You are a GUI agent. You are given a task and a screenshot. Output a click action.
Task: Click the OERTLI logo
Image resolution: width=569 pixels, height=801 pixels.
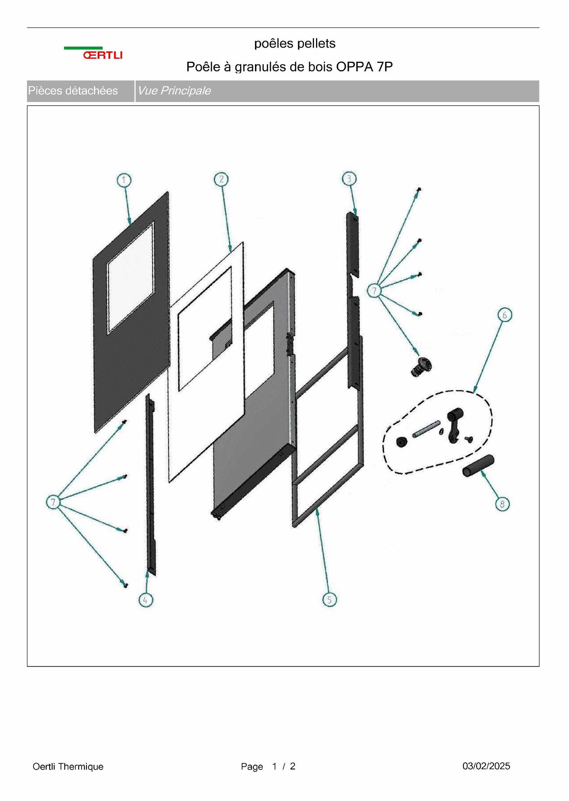(93, 53)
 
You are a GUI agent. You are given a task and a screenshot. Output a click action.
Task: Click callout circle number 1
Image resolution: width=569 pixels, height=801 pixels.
(124, 180)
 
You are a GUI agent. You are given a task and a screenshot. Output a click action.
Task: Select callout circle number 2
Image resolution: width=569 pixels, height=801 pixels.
(221, 179)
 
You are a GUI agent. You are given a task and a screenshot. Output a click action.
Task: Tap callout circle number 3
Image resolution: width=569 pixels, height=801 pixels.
(349, 179)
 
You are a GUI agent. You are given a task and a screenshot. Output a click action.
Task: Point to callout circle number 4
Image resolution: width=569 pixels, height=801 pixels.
(146, 600)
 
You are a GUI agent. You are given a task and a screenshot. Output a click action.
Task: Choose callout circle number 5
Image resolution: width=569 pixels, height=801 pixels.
(329, 600)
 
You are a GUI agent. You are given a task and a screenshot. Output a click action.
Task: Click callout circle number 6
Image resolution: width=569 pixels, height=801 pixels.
(504, 315)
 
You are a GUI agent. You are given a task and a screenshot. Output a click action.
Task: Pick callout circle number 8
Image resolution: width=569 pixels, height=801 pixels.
(502, 504)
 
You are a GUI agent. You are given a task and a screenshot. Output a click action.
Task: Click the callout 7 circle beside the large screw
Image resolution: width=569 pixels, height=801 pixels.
(374, 290)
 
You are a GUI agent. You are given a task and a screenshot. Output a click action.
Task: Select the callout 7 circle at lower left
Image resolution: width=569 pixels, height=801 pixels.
(53, 503)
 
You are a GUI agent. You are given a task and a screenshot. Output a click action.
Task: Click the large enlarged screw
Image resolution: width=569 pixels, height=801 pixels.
(421, 366)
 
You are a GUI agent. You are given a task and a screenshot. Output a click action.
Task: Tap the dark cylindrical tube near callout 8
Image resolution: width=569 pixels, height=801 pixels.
(478, 466)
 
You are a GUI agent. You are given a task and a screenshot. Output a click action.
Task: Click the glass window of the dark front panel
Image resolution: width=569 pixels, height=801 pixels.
(130, 278)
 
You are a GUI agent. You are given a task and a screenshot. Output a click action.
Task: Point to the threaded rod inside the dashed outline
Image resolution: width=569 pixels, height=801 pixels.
(426, 429)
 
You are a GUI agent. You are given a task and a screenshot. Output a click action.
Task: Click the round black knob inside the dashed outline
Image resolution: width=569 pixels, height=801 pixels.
(402, 442)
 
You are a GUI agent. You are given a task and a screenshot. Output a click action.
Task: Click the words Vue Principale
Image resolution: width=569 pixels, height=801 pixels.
(174, 91)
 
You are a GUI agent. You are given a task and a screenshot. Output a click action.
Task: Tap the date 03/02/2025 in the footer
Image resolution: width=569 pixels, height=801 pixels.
(486, 766)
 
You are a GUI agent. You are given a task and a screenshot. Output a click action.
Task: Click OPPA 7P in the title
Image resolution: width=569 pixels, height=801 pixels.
(364, 67)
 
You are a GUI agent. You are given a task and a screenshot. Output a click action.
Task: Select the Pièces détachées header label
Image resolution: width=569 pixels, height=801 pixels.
(73, 91)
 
